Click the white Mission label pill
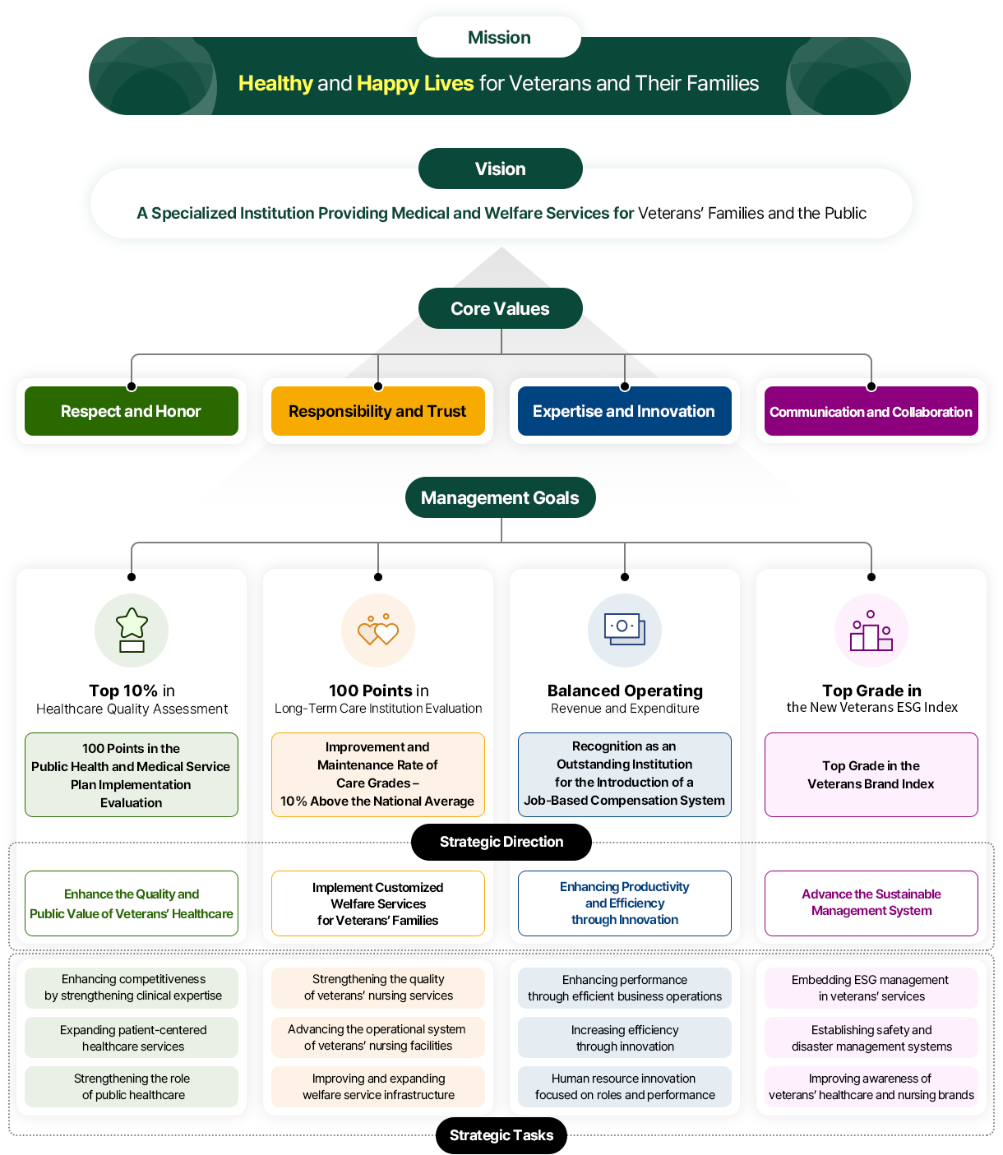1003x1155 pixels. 499,37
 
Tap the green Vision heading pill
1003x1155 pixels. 500,169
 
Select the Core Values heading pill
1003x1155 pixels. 500,308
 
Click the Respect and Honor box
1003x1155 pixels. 132,411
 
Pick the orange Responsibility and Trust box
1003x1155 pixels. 378,411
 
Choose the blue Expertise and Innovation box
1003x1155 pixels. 625,411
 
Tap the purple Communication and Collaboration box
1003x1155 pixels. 871,411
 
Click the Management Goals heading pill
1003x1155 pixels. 500,497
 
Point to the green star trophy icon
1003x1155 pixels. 132,631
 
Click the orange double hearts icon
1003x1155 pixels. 378,631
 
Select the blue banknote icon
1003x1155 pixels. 625,631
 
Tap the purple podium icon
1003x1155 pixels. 871,631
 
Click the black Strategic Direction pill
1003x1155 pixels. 501,842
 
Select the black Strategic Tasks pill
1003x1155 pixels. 501,1135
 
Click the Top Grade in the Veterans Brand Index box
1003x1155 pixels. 871,774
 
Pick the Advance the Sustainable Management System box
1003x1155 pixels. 871,903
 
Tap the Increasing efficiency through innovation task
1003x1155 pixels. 625,1037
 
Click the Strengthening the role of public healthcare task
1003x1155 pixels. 132,1087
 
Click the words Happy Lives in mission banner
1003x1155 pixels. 415,83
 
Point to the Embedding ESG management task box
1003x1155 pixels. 871,987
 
